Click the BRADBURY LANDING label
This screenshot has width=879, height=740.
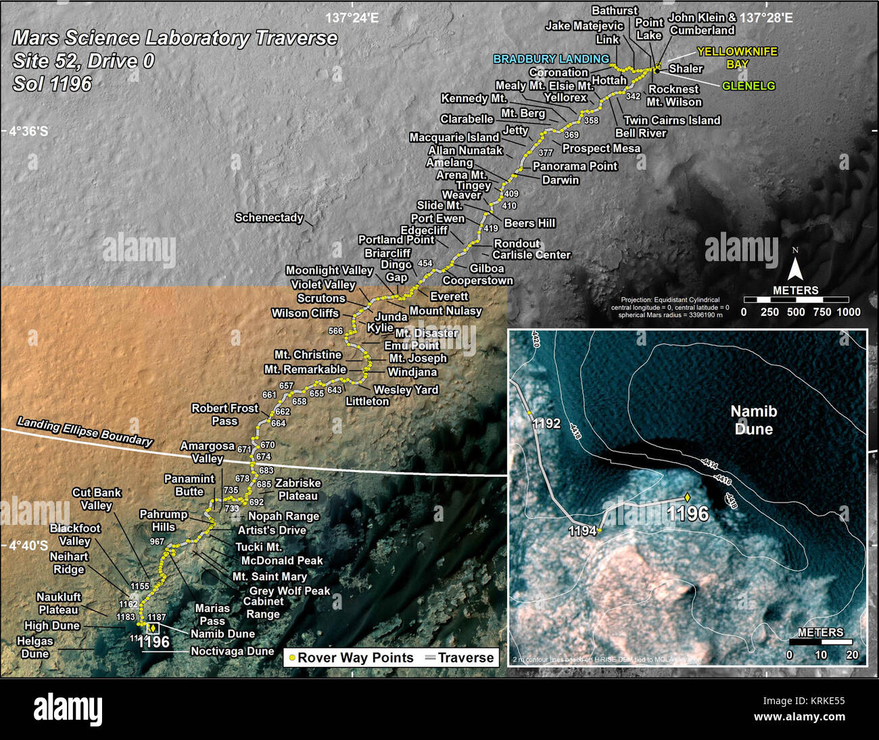click(x=551, y=59)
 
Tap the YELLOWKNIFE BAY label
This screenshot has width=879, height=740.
click(x=737, y=57)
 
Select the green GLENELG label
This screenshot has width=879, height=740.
click(x=749, y=86)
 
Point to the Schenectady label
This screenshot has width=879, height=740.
click(x=268, y=218)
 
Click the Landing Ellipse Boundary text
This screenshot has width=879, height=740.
click(x=85, y=431)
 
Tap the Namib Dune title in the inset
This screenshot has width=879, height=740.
click(x=754, y=420)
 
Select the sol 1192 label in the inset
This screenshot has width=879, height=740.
click(x=546, y=424)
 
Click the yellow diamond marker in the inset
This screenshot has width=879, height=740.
click(x=688, y=497)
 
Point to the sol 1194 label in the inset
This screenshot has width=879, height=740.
click(x=582, y=531)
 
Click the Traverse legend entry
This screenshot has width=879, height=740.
click(x=459, y=657)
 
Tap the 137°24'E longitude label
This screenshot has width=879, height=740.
click(x=352, y=18)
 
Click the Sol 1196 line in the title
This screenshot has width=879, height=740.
click(x=52, y=84)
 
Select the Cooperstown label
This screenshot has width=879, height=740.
click(x=478, y=281)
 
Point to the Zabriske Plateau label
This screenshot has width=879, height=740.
click(x=298, y=490)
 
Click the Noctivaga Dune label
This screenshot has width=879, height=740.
click(x=232, y=651)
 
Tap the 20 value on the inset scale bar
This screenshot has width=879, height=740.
click(x=852, y=655)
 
